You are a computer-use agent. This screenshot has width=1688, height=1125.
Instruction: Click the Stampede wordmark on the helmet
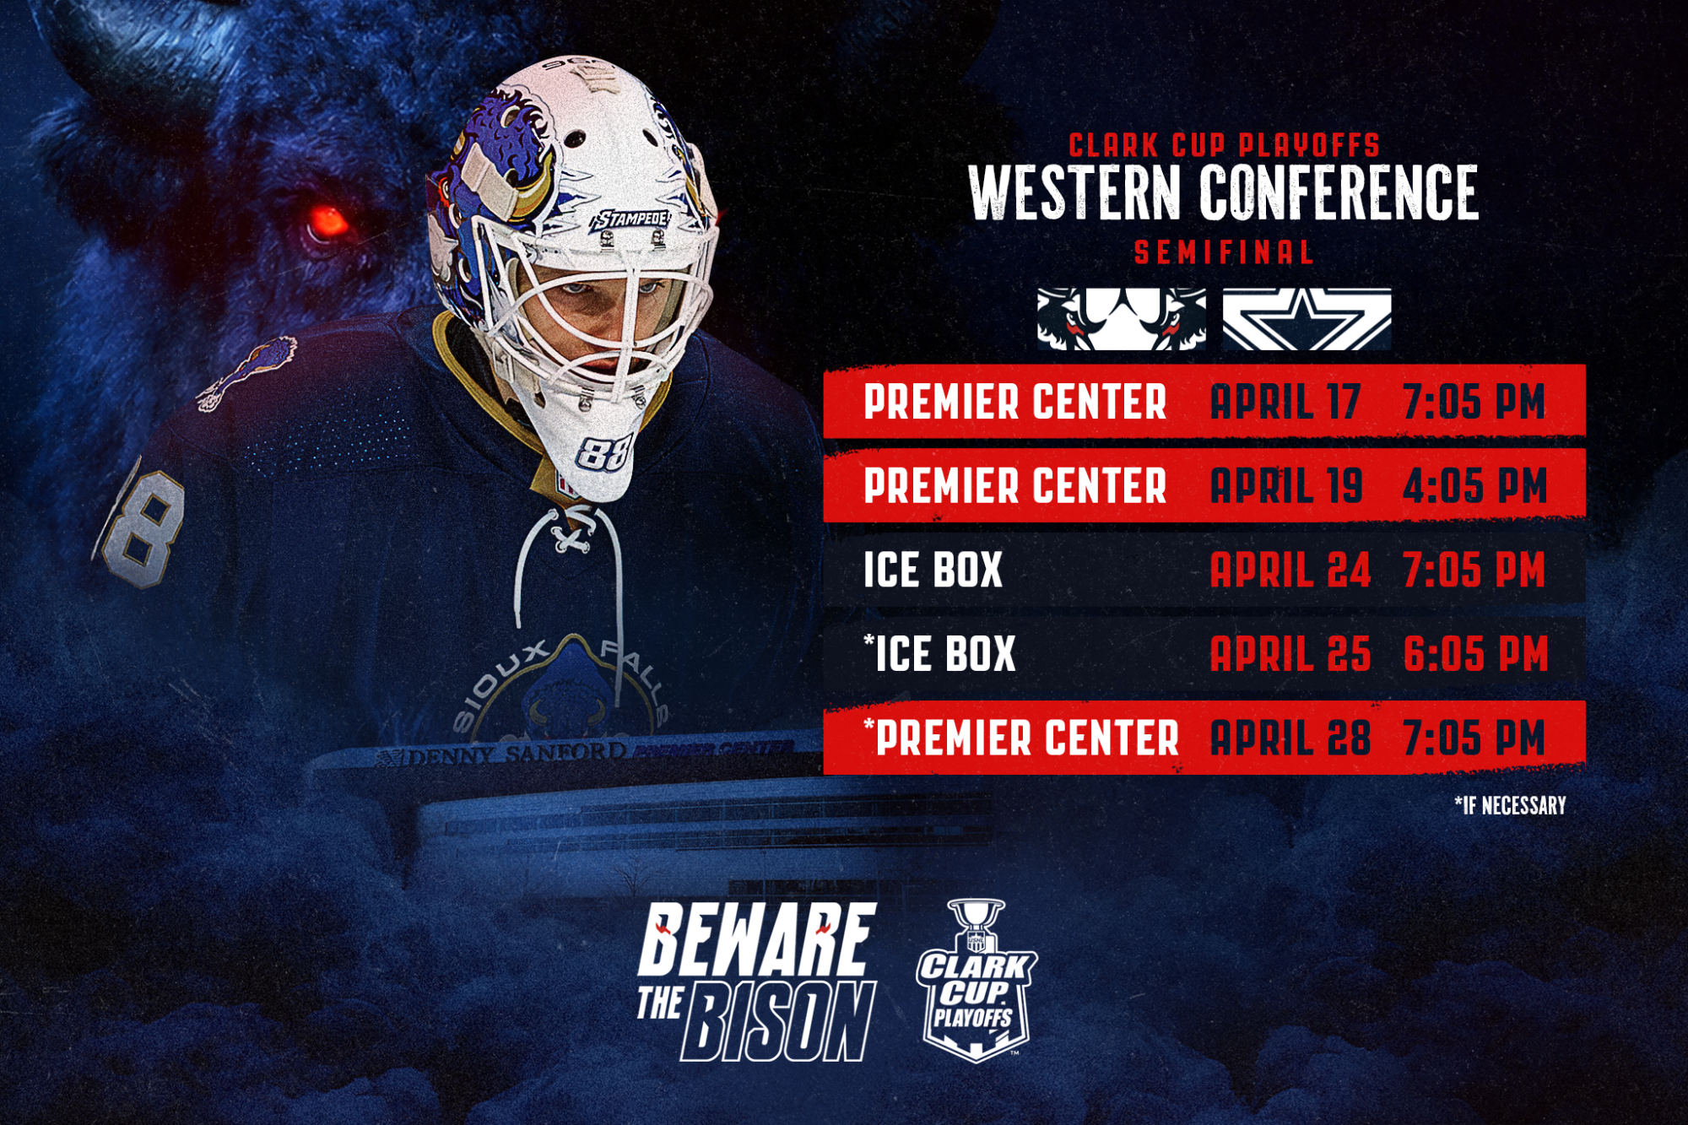pos(631,219)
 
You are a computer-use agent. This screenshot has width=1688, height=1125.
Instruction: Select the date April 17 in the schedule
pos(1285,402)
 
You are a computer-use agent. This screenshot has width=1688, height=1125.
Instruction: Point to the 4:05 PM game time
pos(1474,486)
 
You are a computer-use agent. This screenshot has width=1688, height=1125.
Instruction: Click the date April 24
pos(1290,571)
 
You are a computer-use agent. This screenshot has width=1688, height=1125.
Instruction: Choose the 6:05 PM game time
pos(1474,654)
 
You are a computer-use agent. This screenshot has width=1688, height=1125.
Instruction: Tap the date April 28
pos(1290,738)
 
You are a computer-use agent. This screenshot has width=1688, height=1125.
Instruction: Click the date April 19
pos(1286,486)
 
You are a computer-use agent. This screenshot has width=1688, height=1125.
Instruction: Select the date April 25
pos(1290,654)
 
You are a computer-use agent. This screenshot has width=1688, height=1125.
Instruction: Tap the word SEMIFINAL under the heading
pos(1223,252)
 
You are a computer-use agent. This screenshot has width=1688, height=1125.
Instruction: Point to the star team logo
pos(1307,319)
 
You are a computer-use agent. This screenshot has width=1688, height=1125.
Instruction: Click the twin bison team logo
pos(1121,319)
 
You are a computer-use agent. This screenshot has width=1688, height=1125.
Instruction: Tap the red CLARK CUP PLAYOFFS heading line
pos(1224,145)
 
